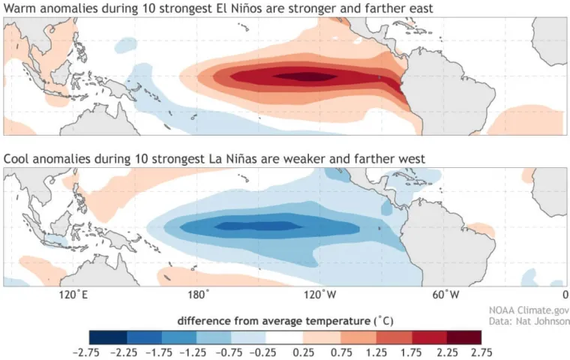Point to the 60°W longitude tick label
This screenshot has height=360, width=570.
point(447,295)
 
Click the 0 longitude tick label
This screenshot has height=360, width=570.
point(565,295)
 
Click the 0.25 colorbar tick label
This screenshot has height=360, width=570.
point(304,352)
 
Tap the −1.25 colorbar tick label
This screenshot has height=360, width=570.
point(197,352)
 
